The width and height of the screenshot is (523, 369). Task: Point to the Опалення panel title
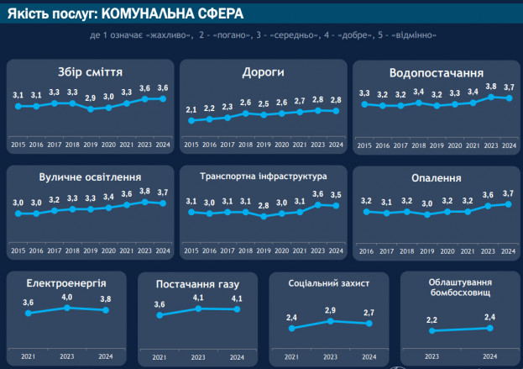tap(437, 178)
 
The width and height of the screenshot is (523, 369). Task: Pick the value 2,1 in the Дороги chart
tap(191, 110)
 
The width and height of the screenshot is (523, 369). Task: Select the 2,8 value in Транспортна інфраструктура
tap(264, 206)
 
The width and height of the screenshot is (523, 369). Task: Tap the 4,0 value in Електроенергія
tap(68, 297)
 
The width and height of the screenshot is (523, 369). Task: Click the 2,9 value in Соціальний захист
tap(330, 311)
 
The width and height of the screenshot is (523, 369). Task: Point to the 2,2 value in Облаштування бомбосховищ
tap(432, 320)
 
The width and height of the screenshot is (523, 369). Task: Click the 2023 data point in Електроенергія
tap(68, 308)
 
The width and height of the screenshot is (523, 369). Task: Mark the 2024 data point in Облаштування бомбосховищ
tap(490, 328)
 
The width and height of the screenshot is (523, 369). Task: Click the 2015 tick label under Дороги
tap(191, 145)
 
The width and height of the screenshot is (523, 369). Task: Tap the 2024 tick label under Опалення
tap(508, 250)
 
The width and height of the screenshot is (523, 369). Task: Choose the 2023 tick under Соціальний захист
tap(330, 356)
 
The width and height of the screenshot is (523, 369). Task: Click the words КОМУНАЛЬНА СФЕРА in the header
tap(160, 13)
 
